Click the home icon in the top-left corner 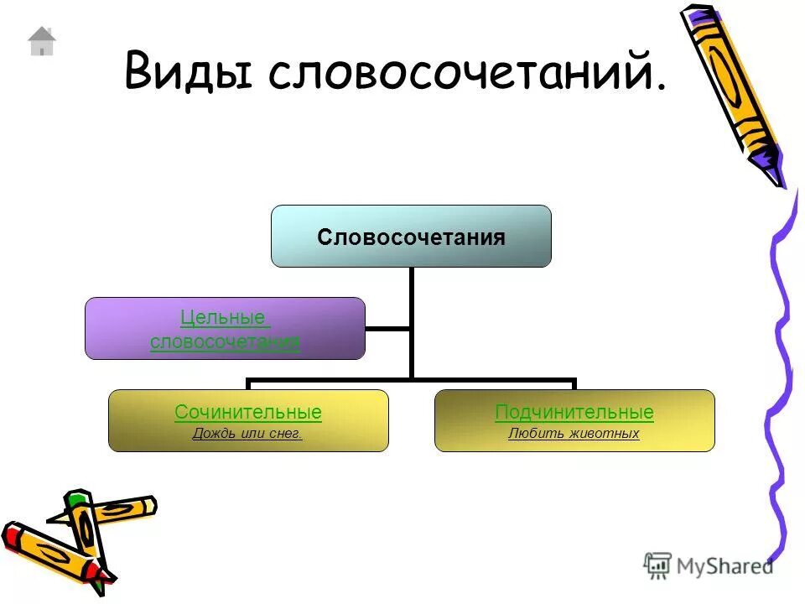(41, 41)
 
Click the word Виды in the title (188, 70)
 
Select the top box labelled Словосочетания (411, 237)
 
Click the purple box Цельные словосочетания (225, 329)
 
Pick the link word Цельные (224, 318)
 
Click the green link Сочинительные (248, 413)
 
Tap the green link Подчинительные (574, 413)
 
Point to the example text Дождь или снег (247, 434)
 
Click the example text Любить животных (574, 434)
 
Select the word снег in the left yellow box (284, 434)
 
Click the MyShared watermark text (725, 566)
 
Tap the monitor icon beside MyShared (657, 565)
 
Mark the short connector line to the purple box (387, 329)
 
